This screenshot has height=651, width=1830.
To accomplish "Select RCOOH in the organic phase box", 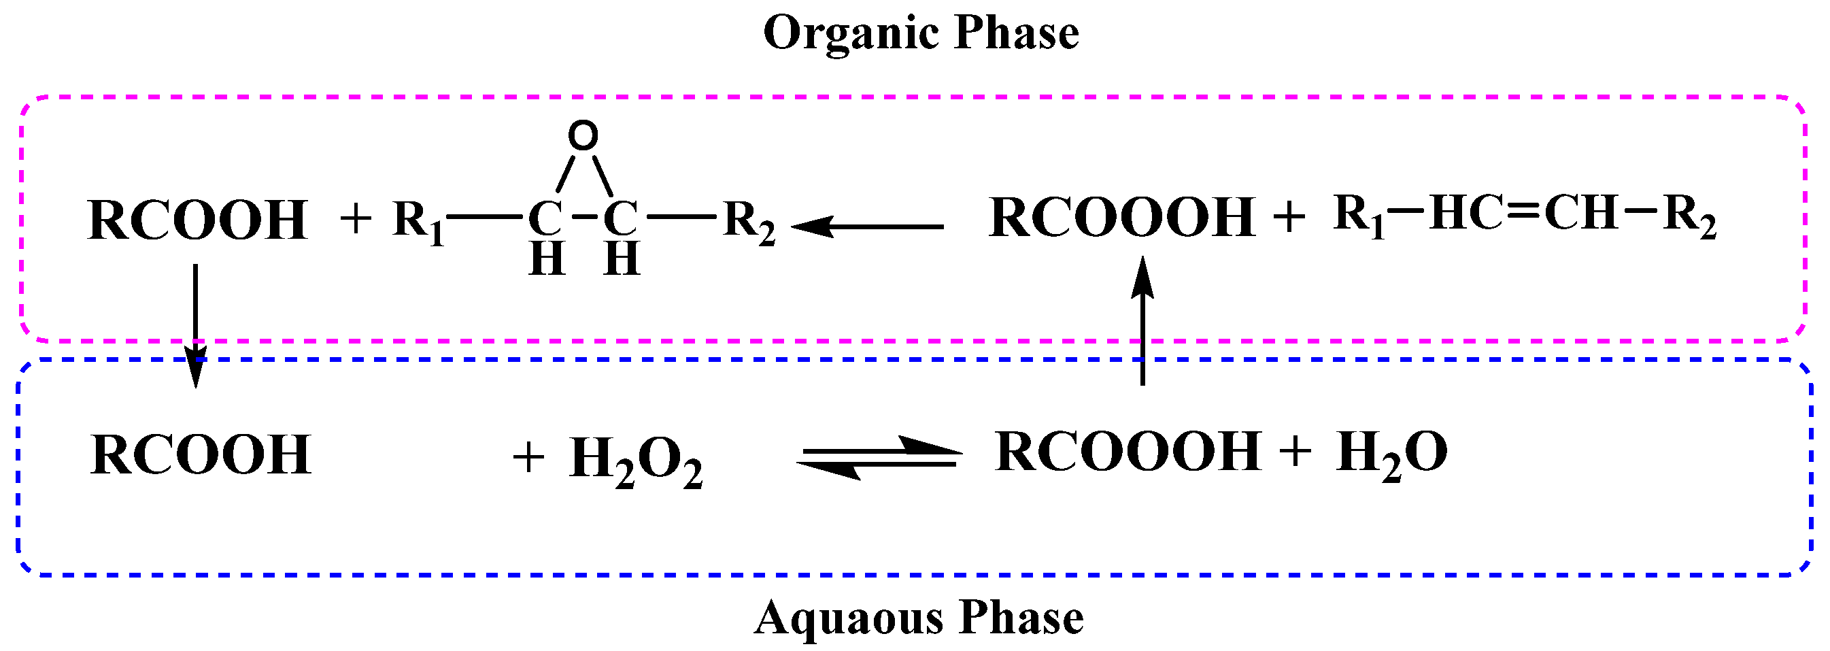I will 197,220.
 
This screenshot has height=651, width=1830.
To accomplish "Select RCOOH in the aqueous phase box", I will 201,455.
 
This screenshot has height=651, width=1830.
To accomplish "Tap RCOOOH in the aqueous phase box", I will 1128,452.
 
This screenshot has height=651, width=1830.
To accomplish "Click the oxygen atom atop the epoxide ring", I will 583,135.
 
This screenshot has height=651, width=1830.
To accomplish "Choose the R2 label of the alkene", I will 1689,216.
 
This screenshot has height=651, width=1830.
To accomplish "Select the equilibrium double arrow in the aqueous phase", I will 879,457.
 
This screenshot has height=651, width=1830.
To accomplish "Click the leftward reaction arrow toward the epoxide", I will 866,227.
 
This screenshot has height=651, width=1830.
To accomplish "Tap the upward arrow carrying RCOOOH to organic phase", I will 1142,320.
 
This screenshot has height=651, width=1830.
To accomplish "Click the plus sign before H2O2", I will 528,456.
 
